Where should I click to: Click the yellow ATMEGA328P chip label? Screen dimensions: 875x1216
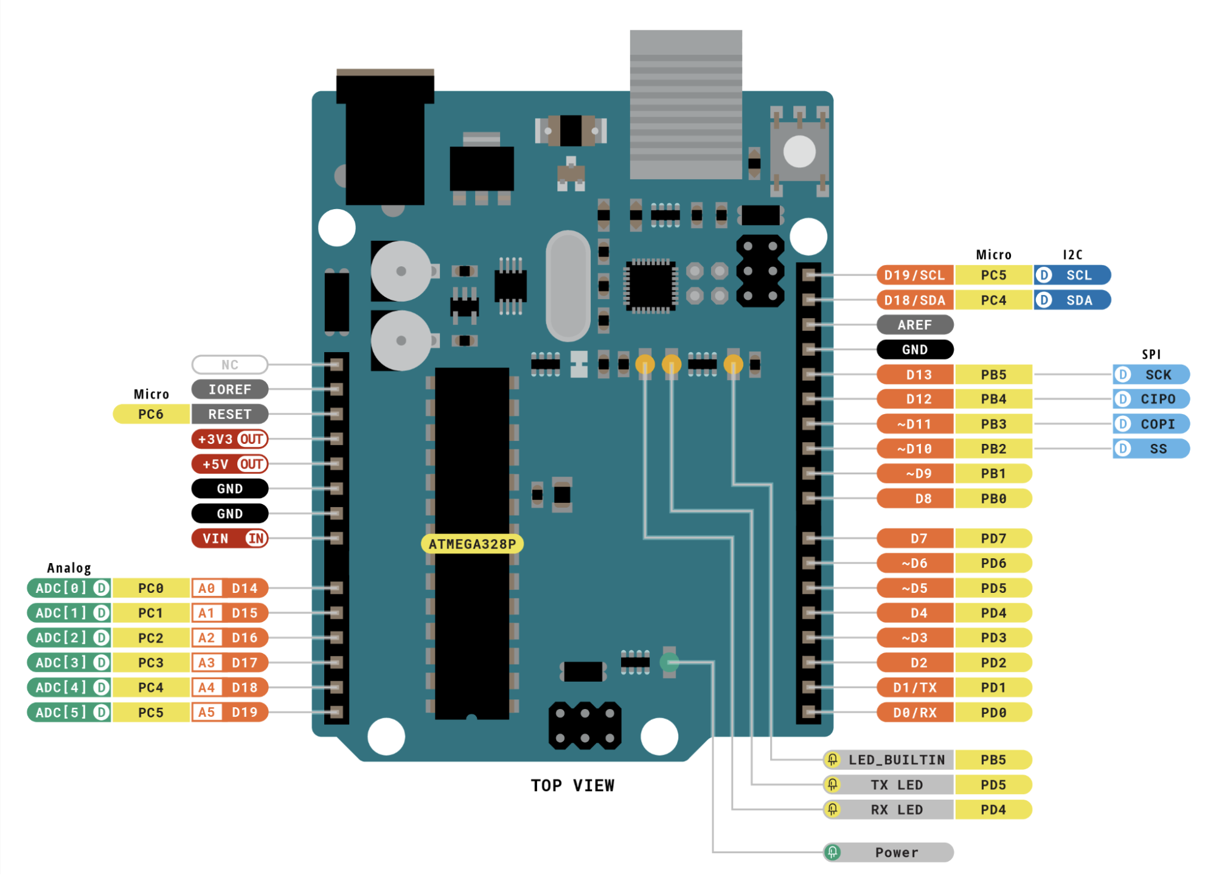(x=472, y=544)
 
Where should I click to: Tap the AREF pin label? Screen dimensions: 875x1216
(x=914, y=325)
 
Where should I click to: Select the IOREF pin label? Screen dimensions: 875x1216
(x=229, y=389)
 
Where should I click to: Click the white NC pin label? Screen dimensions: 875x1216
(x=229, y=364)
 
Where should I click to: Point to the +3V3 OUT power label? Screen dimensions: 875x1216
(x=229, y=439)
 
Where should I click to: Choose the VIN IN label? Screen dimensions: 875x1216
(x=229, y=538)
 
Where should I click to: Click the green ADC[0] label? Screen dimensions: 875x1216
(x=68, y=588)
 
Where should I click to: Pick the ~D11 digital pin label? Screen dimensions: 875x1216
(x=914, y=424)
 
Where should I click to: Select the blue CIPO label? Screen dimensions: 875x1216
(x=1151, y=399)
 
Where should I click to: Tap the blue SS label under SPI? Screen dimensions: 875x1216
(x=1151, y=449)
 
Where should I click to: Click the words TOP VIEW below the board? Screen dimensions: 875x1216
(x=572, y=786)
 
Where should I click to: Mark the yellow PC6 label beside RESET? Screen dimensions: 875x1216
(x=151, y=414)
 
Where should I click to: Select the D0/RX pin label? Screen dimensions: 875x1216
(x=914, y=712)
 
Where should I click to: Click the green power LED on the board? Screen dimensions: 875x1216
(x=669, y=662)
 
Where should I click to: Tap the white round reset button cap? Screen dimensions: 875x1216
(x=799, y=151)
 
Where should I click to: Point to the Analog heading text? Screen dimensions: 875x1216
(x=69, y=568)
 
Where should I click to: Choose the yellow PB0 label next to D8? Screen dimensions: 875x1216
(x=993, y=499)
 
